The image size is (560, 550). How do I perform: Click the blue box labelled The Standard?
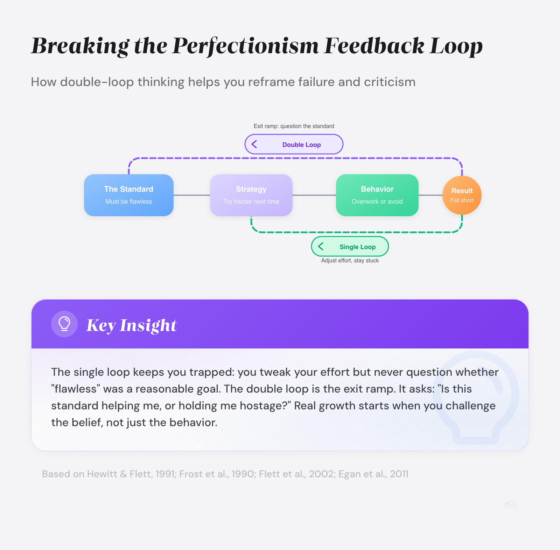[x=129, y=195]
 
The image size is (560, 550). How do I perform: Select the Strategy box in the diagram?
[x=251, y=195]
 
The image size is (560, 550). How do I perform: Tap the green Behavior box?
[x=377, y=195]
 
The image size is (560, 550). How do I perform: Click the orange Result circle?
[x=462, y=195]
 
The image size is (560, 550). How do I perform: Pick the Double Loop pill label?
[x=301, y=145]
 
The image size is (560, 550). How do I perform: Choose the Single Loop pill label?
[x=357, y=247]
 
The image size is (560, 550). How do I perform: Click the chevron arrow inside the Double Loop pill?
[x=254, y=144]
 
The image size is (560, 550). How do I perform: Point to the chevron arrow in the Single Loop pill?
[x=321, y=246]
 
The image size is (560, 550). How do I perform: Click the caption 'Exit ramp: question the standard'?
[x=294, y=126]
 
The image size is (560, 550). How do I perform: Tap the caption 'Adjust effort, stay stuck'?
[x=350, y=261]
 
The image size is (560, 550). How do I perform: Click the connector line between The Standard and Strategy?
[x=192, y=195]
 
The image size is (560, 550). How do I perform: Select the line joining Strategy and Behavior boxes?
[x=314, y=195]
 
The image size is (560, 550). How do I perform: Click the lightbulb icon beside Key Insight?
[x=64, y=324]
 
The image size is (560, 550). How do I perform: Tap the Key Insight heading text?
[x=132, y=325]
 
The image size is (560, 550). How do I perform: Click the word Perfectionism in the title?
[x=245, y=46]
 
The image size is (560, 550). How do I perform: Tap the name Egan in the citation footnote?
[x=350, y=474]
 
